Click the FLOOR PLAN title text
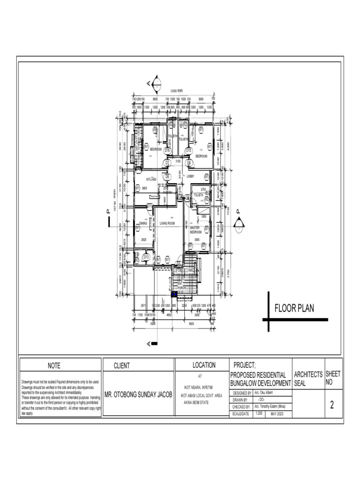294,308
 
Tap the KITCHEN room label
150,180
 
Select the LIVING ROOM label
167,224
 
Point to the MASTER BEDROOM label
195,229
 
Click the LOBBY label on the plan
190,177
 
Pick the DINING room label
143,224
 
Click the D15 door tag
188,150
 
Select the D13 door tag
146,257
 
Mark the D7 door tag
166,163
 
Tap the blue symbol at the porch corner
174,294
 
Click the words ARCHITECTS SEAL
308,379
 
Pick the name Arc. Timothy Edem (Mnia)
270,407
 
